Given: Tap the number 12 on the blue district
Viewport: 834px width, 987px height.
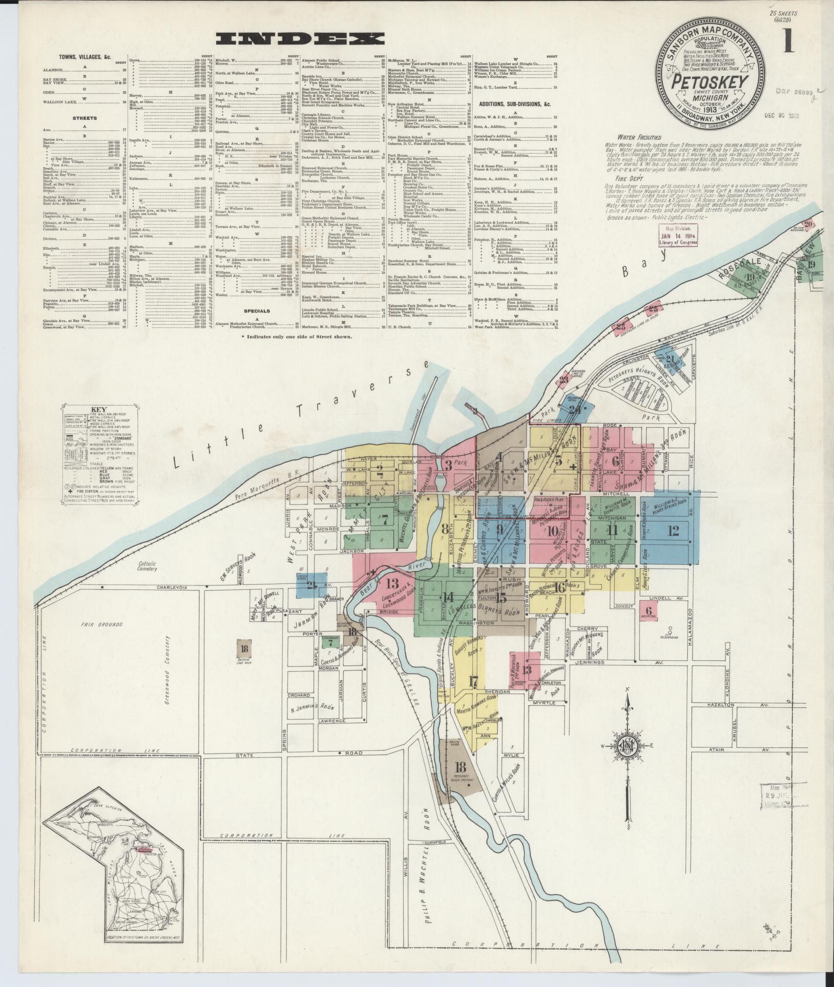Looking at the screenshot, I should point(673,531).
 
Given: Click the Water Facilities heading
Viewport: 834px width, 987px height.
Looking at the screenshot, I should point(639,137).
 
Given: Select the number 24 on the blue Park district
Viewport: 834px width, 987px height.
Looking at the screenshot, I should point(577,409).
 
